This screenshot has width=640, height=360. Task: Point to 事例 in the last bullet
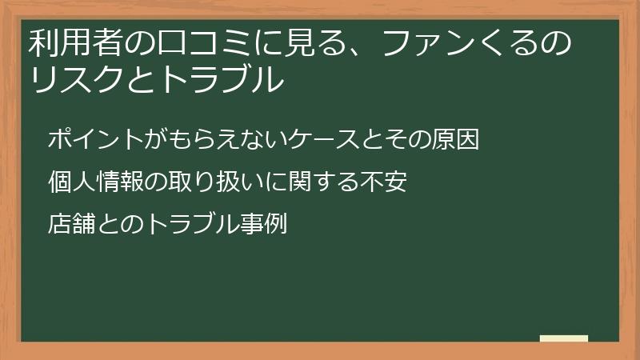(263, 223)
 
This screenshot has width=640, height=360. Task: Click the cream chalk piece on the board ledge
(563, 338)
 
